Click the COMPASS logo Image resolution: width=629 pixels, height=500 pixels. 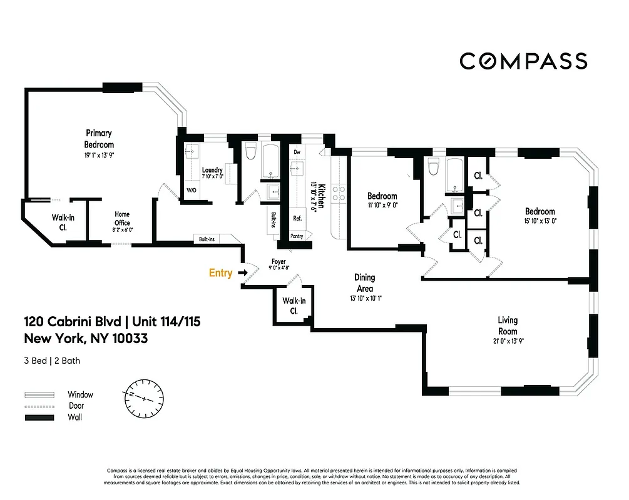coord(523,61)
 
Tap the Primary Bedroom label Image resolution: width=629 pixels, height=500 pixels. coord(99,139)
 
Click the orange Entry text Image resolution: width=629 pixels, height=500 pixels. coord(220,272)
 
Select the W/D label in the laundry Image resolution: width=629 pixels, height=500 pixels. coord(191,191)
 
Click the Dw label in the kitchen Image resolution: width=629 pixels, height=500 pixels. coord(297,152)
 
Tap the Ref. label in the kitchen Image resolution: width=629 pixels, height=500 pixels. coord(297,218)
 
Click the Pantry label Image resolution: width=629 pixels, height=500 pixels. coord(297,236)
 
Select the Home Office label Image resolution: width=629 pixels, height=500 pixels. coord(122,218)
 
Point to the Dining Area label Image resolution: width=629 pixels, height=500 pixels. coord(364,283)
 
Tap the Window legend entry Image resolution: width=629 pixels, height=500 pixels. coord(80,394)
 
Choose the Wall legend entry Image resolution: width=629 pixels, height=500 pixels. coord(74,417)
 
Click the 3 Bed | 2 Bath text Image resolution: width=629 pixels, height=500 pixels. coord(52,361)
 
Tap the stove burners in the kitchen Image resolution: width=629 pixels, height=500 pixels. coord(338,192)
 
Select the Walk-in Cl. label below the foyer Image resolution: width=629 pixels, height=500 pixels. coord(294,305)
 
